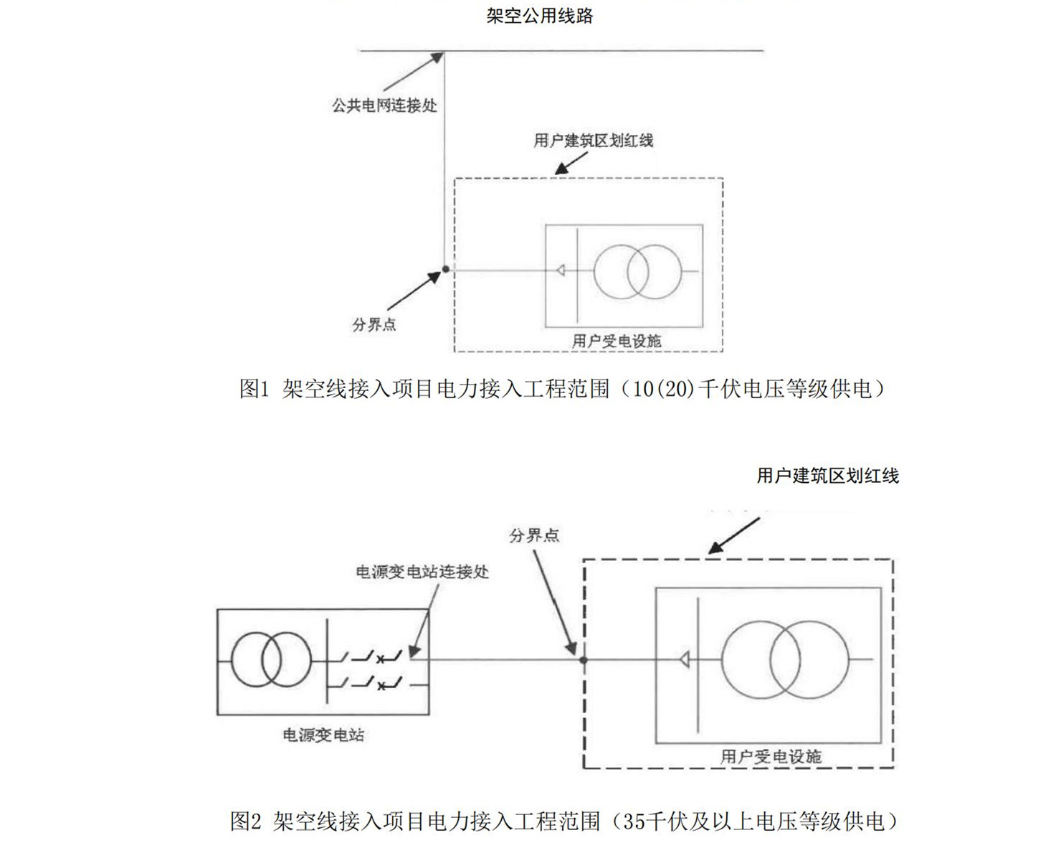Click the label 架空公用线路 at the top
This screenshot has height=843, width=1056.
[540, 16]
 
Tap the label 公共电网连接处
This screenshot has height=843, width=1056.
[384, 105]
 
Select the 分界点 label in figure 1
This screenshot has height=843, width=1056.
[374, 324]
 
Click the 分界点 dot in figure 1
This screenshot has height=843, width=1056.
[445, 269]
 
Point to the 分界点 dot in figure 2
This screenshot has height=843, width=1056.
[584, 659]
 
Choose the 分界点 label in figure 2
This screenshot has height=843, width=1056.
[534, 535]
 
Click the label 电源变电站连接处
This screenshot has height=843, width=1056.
[422, 572]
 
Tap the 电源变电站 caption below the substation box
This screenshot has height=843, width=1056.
[323, 735]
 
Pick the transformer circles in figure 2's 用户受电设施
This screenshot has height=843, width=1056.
[785, 659]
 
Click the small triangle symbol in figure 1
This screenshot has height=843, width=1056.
[560, 270]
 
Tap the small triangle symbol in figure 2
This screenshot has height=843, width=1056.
[685, 659]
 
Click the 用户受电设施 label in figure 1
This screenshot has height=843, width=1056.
[617, 341]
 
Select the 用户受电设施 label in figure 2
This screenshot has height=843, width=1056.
[771, 756]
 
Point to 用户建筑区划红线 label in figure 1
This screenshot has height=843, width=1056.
[594, 140]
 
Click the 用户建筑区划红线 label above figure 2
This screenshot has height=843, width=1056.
[828, 476]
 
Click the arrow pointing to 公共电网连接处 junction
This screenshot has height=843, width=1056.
[414, 72]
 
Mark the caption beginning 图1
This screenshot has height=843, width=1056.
[562, 389]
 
